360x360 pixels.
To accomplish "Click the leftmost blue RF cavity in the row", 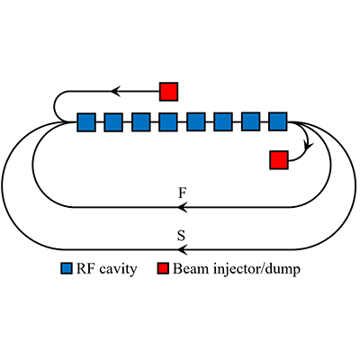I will point(86,121).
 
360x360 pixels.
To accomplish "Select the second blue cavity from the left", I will point(113,121).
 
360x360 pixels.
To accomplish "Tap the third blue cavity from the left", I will point(141,121).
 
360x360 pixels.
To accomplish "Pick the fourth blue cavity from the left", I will point(168,121).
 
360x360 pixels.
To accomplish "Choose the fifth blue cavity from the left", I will point(196,121).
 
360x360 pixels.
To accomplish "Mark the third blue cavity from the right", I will point(223,121).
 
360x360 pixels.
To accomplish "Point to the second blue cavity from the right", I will point(251,121).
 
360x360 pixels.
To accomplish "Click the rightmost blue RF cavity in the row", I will point(278,121).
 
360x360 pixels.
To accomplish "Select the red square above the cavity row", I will point(168,91).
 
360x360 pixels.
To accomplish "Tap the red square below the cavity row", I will point(278,160).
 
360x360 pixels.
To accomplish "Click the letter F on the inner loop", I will point(183,193).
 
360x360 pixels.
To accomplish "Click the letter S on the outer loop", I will point(183,236).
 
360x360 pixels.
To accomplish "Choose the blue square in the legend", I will point(67,269).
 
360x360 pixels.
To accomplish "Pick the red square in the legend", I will point(163,269).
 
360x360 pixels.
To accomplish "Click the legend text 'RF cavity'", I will point(106,269).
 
